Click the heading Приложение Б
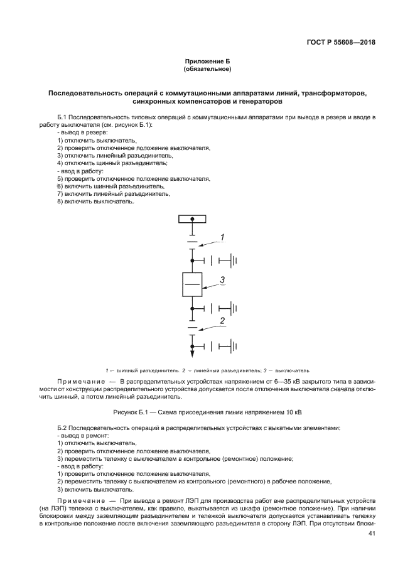point(207,61)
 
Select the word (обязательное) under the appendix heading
point(207,68)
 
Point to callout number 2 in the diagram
point(221,321)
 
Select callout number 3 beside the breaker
point(221,279)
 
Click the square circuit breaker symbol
point(192,285)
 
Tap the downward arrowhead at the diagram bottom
point(192,355)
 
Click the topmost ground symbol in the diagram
point(234,259)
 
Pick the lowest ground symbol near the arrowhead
point(234,345)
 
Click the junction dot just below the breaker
point(192,308)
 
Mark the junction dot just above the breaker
point(192,259)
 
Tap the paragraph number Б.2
point(62,428)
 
